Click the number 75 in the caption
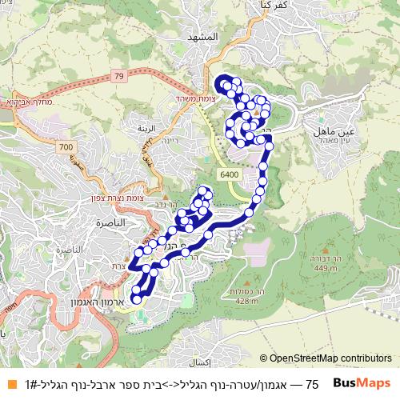click(x=313, y=384)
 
